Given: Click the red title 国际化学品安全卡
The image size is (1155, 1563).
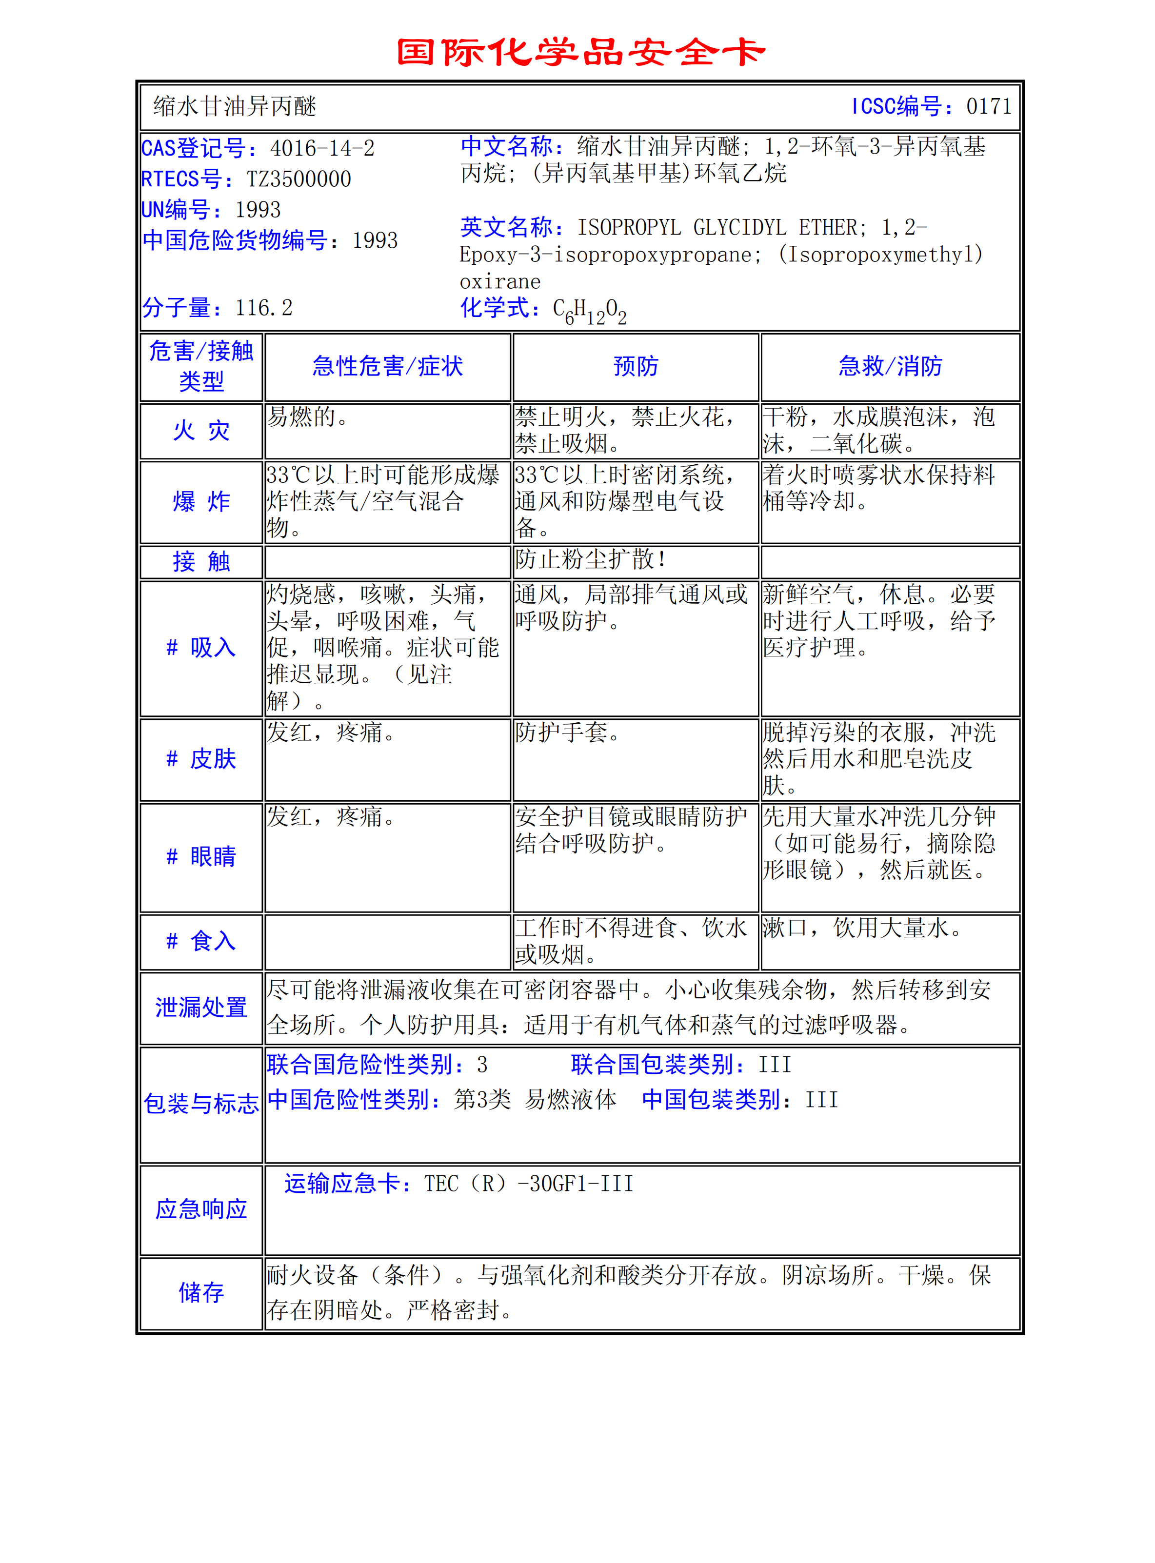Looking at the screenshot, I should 580,53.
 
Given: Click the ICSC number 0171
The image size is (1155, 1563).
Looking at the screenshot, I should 989,106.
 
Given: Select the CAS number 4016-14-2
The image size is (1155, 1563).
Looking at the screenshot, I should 322,148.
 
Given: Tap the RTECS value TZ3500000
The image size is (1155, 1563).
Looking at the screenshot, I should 299,179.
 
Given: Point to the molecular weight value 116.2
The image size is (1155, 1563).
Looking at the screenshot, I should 263,308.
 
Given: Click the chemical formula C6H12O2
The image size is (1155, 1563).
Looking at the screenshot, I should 589,310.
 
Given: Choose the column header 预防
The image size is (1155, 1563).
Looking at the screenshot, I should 636,366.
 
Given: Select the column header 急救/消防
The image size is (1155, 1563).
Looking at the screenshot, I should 890,366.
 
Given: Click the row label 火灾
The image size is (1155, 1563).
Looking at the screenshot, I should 201,431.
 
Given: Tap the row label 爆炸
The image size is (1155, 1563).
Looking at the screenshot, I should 201,502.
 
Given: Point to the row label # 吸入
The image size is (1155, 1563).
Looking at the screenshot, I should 201,648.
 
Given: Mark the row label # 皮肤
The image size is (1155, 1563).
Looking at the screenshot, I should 201,759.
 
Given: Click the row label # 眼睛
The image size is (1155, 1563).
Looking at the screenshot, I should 201,857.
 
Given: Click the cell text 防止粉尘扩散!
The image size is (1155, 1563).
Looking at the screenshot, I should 591,559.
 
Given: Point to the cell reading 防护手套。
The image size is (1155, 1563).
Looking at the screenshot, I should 567,732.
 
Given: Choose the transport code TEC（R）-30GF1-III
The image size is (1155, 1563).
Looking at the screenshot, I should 529,1184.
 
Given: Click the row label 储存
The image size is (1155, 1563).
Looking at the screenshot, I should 201,1292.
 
